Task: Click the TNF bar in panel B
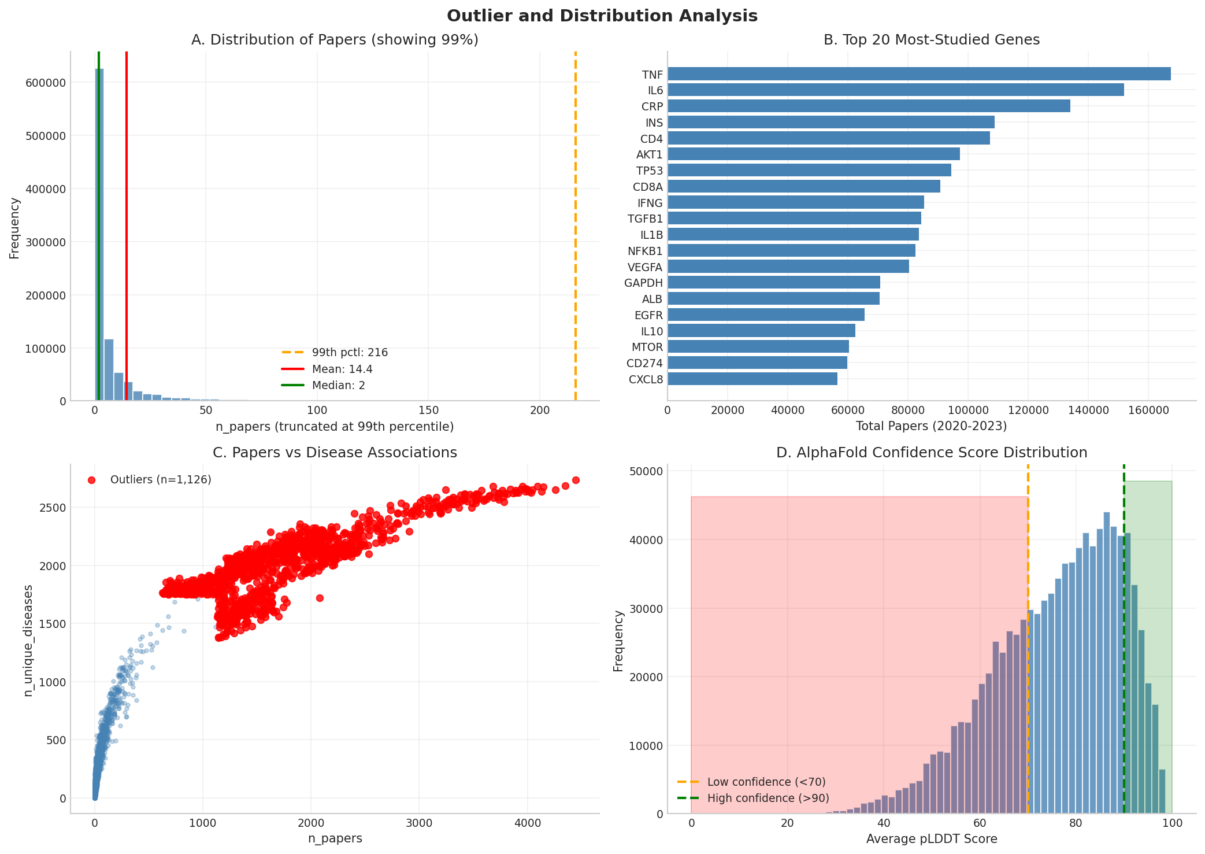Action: pyautogui.click(x=919, y=74)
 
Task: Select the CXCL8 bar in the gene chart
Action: pyautogui.click(x=752, y=379)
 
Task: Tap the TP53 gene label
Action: pyautogui.click(x=649, y=171)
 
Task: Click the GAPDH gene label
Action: pyautogui.click(x=643, y=283)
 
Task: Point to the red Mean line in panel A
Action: pyautogui.click(x=126, y=231)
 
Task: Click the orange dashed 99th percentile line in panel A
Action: pyautogui.click(x=575, y=231)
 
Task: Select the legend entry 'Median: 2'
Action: pyautogui.click(x=338, y=385)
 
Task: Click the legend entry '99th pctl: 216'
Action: pyautogui.click(x=349, y=353)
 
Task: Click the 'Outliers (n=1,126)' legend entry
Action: pyautogui.click(x=160, y=480)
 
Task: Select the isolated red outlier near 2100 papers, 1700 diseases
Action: pyautogui.click(x=320, y=598)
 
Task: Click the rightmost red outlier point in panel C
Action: pyautogui.click(x=576, y=480)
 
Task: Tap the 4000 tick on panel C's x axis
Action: pyautogui.click(x=527, y=823)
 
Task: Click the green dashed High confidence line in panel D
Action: pyautogui.click(x=1124, y=636)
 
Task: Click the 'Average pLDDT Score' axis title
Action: pyautogui.click(x=931, y=839)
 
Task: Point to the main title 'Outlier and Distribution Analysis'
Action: pyautogui.click(x=602, y=16)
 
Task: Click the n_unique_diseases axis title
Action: pyautogui.click(x=28, y=640)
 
